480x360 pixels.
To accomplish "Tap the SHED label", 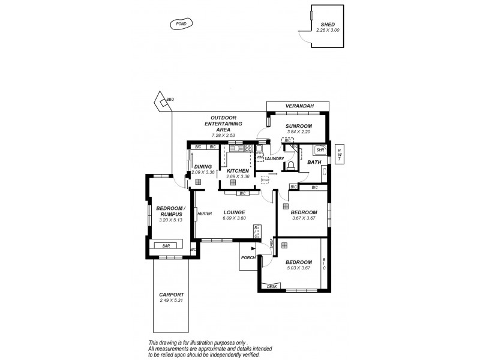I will coord(328,24).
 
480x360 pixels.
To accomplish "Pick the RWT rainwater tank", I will coord(339,154).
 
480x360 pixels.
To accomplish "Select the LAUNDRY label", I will coord(274,158).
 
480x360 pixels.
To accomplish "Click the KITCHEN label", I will coord(238,170).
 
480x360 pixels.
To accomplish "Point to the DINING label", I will coord(203,166).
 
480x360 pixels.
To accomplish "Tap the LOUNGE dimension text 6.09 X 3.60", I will coord(233,218).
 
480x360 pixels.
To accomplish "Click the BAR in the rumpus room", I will coord(165,245).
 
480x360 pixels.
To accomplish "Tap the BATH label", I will coord(314,162).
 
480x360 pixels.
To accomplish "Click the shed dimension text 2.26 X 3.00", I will coord(328,30).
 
